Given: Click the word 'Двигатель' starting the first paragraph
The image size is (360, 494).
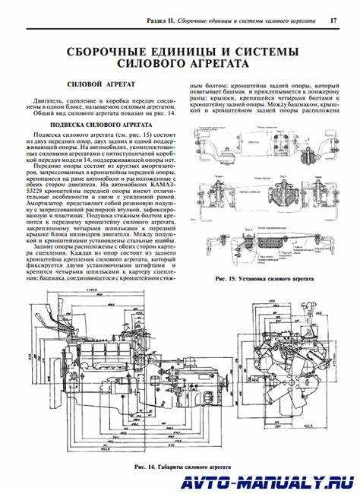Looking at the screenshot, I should tap(48, 100).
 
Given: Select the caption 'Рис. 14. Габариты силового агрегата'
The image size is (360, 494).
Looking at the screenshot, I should tap(182, 466).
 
